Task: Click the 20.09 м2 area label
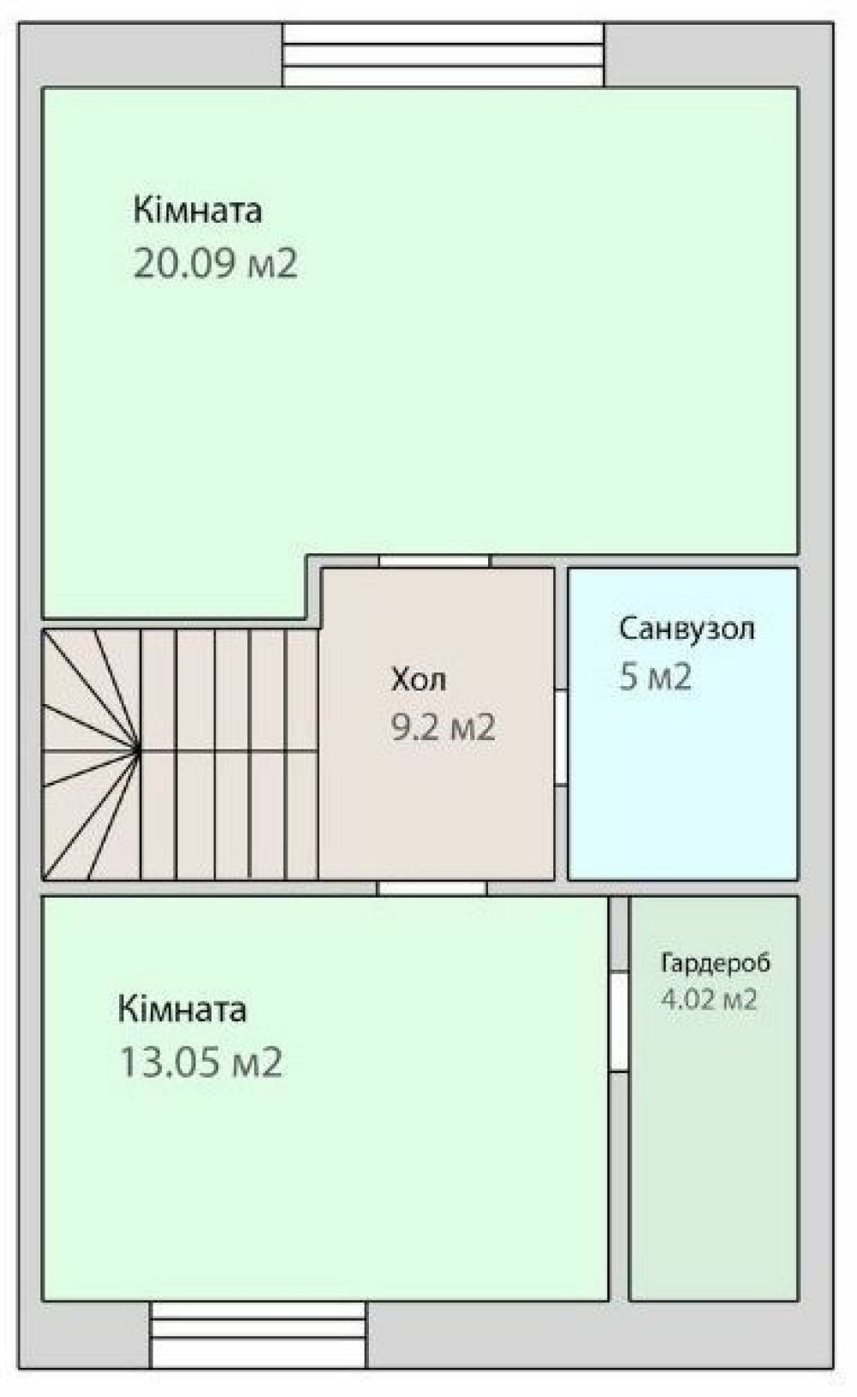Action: pyautogui.click(x=215, y=263)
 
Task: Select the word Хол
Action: pyautogui.click(x=419, y=679)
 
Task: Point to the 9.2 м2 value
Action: pyautogui.click(x=443, y=727)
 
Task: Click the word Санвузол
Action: pyautogui.click(x=687, y=629)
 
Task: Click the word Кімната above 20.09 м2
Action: pyautogui.click(x=197, y=211)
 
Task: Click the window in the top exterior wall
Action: pyautogui.click(x=443, y=55)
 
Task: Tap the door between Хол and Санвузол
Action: pyautogui.click(x=561, y=738)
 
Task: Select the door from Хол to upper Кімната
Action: pyautogui.click(x=435, y=561)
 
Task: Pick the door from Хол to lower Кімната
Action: pyautogui.click(x=432, y=888)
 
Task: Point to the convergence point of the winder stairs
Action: pyautogui.click(x=139, y=751)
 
